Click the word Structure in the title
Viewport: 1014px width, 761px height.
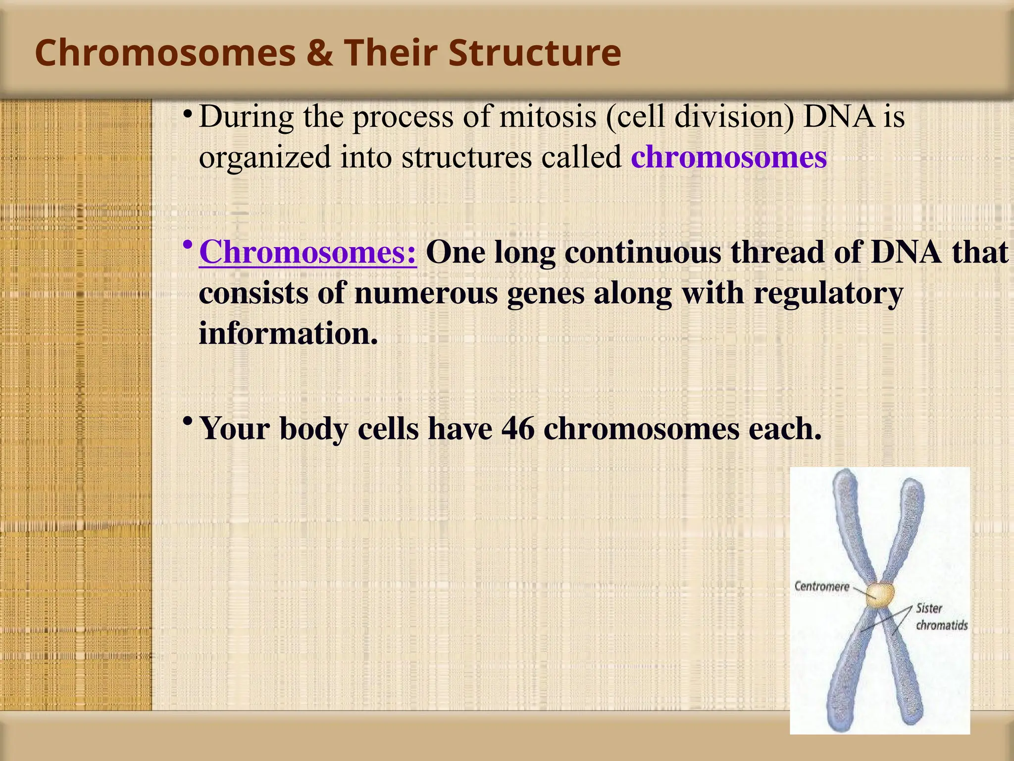coord(535,53)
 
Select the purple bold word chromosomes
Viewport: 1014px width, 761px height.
coord(729,157)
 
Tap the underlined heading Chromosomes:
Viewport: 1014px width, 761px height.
coord(308,252)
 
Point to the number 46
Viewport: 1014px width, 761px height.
coord(518,428)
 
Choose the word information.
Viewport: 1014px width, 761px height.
coord(288,333)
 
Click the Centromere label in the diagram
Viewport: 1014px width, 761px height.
coord(821,587)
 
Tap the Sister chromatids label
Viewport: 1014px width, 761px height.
coord(941,616)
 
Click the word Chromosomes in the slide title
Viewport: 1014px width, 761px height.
coord(166,53)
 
